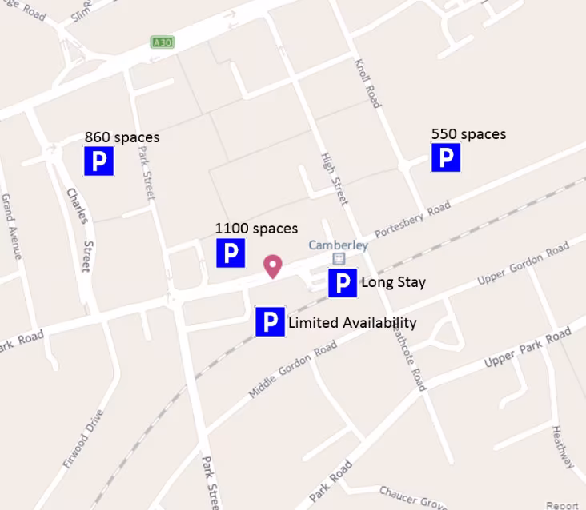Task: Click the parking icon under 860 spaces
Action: pos(99,161)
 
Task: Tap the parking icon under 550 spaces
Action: pos(446,157)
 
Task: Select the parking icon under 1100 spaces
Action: pos(231,253)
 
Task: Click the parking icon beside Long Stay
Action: pos(343,283)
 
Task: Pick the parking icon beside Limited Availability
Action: pos(271,322)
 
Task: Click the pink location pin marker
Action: pos(273,265)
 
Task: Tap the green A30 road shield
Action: pos(162,42)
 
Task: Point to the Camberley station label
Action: pos(339,245)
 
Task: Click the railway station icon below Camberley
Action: pos(339,258)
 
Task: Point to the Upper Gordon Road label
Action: pos(523,266)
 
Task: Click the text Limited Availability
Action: pos(352,323)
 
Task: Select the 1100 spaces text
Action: pos(256,229)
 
